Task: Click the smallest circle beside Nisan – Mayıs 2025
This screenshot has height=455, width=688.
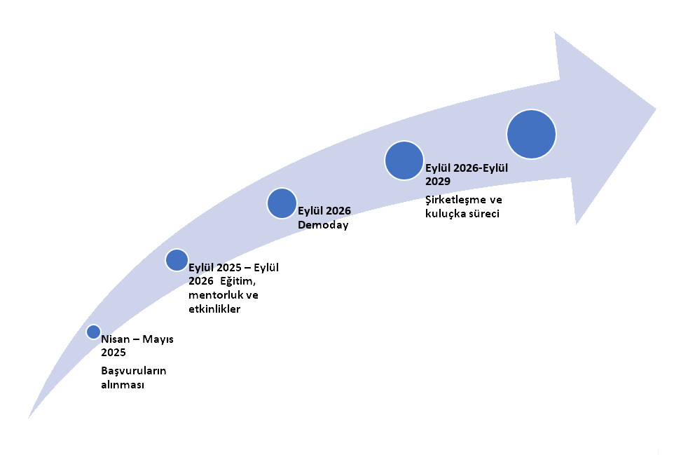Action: [x=93, y=332]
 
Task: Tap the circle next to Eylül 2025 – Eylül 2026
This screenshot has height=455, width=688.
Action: [x=177, y=259]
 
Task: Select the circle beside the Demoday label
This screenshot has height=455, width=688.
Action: [x=282, y=203]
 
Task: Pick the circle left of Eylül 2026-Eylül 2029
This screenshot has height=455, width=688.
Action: [x=404, y=161]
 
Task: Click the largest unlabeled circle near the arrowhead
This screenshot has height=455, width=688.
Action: [x=531, y=134]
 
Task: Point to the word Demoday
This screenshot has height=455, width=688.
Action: [x=323, y=225]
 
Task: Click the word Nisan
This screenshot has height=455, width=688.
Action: [x=116, y=339]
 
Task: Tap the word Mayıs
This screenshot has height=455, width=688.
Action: [x=158, y=339]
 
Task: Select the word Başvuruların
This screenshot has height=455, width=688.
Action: [x=134, y=371]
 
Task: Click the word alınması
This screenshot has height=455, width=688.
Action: [x=123, y=385]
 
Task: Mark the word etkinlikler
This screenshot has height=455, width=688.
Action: [x=214, y=308]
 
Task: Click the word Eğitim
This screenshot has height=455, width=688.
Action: [x=238, y=281]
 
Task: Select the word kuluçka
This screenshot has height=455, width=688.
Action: [x=445, y=214]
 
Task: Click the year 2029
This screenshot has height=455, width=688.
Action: [x=438, y=181]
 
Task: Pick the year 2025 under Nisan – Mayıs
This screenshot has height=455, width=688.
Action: [x=113, y=352]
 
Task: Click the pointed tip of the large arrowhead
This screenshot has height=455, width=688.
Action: [x=656, y=109]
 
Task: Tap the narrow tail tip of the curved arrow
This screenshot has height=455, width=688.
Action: [x=29, y=417]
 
